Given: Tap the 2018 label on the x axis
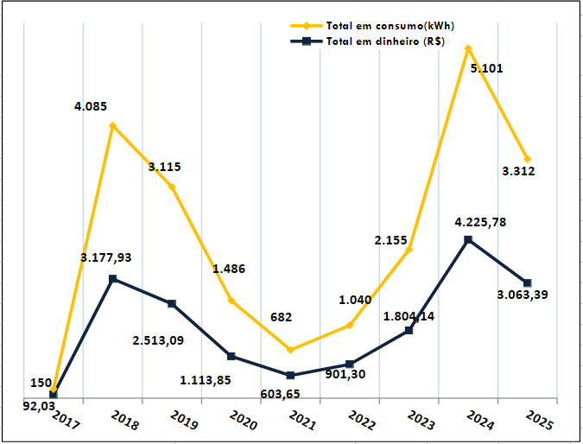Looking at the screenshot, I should (124, 422).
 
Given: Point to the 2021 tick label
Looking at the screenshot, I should (302, 422).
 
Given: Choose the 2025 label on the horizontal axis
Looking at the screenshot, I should (539, 422).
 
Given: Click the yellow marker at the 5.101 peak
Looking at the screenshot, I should (468, 48).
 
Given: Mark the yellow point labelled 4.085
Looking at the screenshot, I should (112, 126).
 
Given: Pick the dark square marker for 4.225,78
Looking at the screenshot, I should (468, 239).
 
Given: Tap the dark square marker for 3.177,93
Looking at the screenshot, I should (112, 279).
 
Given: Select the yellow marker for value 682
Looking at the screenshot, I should (290, 350).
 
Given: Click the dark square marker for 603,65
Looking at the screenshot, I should (290, 375).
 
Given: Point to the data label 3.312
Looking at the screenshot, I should (518, 171).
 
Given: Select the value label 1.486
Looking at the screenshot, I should (229, 269).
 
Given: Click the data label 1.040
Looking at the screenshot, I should (355, 300).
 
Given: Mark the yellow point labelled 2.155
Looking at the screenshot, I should (409, 250).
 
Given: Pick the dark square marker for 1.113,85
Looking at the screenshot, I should (231, 356).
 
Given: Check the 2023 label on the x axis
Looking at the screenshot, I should (421, 422).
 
